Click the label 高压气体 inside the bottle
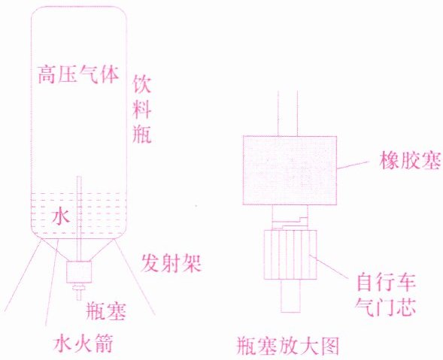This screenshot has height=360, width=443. point(78,74)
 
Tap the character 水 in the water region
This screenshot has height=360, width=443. point(61,216)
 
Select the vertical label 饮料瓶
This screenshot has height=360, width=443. point(142,109)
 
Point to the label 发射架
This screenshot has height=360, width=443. point(171,264)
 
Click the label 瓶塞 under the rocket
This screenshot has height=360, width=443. point(106,311)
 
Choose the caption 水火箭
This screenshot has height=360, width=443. point(83,343)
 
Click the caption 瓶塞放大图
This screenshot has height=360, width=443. point(287,346)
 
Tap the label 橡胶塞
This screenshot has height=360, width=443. point(410,160)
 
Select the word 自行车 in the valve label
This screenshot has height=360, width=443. point(386,282)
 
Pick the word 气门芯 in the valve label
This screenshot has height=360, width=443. point(386,306)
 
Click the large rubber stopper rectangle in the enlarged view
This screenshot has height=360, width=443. point(290,171)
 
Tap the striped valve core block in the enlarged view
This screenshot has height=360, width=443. point(290,255)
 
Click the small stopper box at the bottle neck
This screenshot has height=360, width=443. point(79,271)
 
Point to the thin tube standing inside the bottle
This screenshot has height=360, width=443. point(79,219)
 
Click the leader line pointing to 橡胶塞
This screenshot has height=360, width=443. point(353,165)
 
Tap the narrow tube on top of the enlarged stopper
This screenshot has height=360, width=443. point(287,113)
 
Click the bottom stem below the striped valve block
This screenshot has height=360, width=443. point(291,296)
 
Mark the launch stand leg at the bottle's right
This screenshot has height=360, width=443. point(135,277)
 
